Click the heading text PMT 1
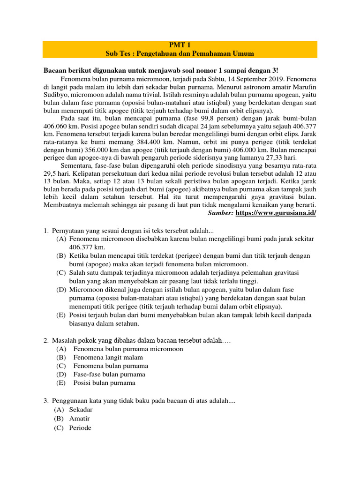click(180, 45)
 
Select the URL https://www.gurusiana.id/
click(276, 213)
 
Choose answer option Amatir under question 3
click(79, 418)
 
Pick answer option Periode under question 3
click(80, 428)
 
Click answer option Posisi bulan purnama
click(104, 382)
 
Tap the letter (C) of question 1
click(61, 272)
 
